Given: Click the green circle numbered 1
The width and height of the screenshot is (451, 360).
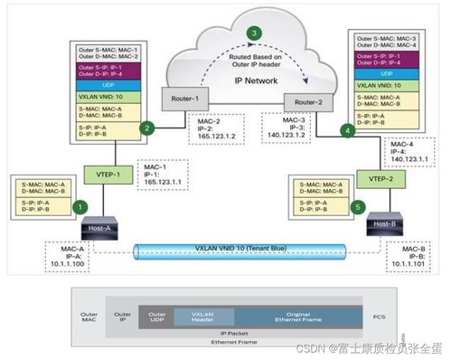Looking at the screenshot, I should (x=79, y=207).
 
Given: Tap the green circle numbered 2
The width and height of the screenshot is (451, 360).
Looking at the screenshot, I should (x=145, y=128).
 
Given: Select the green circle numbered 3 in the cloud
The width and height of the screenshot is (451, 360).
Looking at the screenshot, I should (x=256, y=33).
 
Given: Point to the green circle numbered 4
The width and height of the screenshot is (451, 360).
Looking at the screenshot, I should (x=346, y=130).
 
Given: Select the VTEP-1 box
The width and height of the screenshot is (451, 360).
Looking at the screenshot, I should (x=102, y=172).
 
